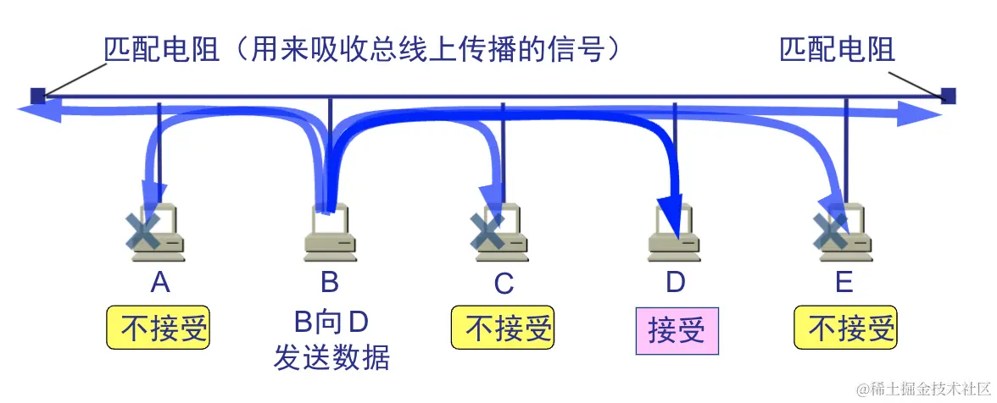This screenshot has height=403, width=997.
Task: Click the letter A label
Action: click(x=159, y=282)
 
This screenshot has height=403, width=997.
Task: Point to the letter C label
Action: click(x=504, y=284)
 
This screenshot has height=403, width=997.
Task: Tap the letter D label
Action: click(x=675, y=282)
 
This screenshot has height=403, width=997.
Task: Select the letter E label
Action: click(x=844, y=282)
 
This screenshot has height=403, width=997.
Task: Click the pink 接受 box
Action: click(x=677, y=330)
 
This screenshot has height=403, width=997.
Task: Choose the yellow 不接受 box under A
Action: click(x=159, y=328)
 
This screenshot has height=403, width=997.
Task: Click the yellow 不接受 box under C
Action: click(x=503, y=328)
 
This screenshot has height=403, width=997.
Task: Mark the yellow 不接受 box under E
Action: click(x=845, y=328)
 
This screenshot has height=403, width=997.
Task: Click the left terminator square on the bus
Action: click(x=37, y=96)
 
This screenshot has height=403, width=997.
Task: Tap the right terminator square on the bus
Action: click(x=949, y=96)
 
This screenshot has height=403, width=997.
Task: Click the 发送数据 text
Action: click(x=331, y=358)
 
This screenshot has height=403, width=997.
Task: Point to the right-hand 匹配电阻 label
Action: click(x=837, y=50)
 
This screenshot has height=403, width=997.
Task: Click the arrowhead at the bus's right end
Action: click(x=928, y=115)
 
